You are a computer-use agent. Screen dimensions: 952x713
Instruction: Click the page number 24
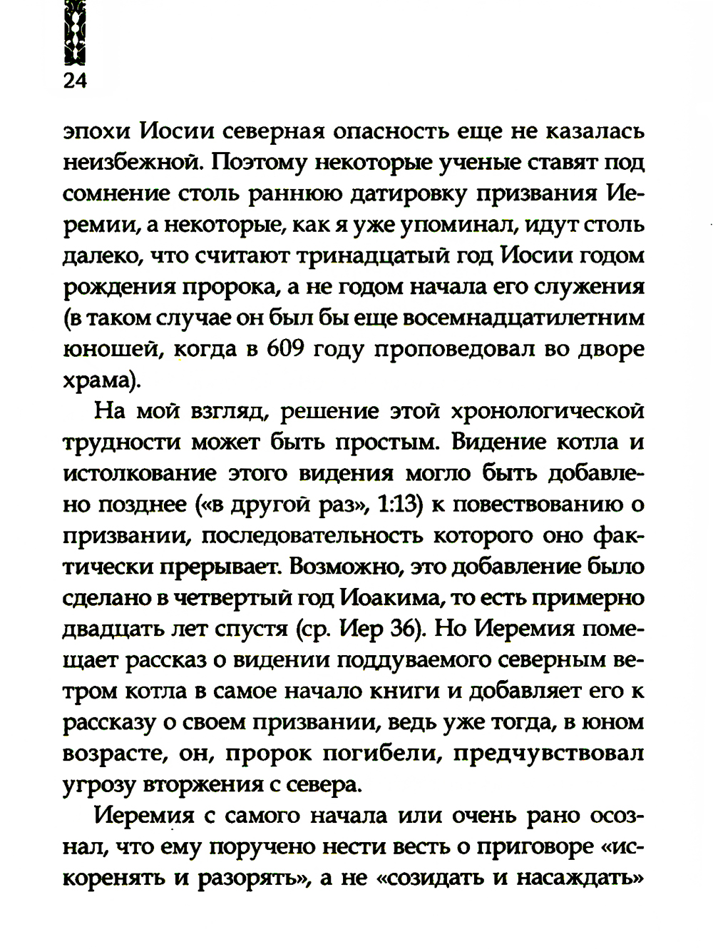click(x=75, y=81)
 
